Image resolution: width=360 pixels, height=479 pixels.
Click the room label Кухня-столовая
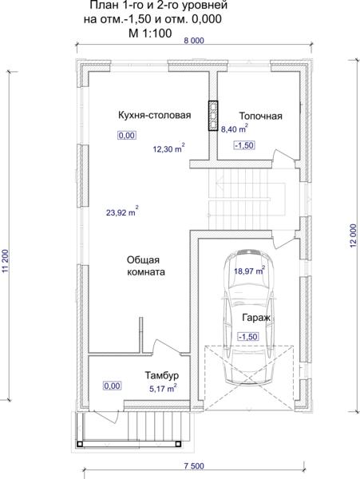(155, 116)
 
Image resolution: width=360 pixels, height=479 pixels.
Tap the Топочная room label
(260, 116)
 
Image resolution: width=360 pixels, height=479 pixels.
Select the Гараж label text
(256, 318)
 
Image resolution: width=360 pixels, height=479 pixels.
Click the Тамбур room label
(161, 375)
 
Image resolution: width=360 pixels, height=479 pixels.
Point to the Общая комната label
(146, 266)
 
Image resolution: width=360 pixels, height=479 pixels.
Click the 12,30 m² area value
(168, 148)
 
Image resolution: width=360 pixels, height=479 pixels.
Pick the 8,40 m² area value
(234, 129)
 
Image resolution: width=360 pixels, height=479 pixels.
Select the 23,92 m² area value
(122, 212)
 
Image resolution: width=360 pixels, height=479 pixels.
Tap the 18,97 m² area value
(249, 271)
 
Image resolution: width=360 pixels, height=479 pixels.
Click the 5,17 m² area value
(163, 388)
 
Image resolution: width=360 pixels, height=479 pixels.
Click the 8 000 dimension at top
(194, 40)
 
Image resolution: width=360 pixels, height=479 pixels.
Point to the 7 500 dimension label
(194, 466)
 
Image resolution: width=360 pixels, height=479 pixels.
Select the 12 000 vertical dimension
(353, 236)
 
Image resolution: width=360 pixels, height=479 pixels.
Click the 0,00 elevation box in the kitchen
(127, 135)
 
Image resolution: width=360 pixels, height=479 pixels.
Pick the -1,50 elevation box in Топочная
(244, 145)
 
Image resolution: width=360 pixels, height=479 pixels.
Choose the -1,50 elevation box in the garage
(248, 337)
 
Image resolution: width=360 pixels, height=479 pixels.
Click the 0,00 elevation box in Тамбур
(113, 386)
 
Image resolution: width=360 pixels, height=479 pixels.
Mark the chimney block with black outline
(213, 116)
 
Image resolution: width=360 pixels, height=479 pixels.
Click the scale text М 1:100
(150, 33)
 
